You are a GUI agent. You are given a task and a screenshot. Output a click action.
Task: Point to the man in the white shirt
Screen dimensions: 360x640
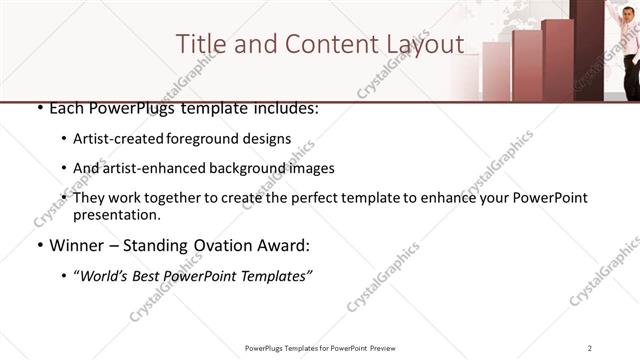tap(631, 50)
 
